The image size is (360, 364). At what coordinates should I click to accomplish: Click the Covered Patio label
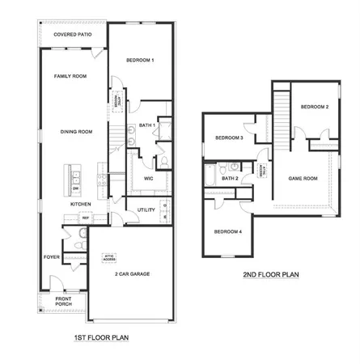71,36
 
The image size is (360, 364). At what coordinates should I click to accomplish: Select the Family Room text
70,76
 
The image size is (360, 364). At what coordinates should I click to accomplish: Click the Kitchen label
80,205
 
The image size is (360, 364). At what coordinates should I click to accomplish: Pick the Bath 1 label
146,125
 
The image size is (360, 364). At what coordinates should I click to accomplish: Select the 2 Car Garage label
132,274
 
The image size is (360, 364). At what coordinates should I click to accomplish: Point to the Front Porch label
63,303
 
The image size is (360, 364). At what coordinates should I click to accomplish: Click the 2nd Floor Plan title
271,275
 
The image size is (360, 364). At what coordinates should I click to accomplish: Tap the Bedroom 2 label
315,107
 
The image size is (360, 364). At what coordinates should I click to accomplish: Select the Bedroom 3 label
229,138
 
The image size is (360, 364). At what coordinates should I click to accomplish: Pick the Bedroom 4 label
227,232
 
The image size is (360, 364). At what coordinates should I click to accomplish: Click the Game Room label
303,178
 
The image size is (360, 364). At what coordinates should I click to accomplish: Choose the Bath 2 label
230,178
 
